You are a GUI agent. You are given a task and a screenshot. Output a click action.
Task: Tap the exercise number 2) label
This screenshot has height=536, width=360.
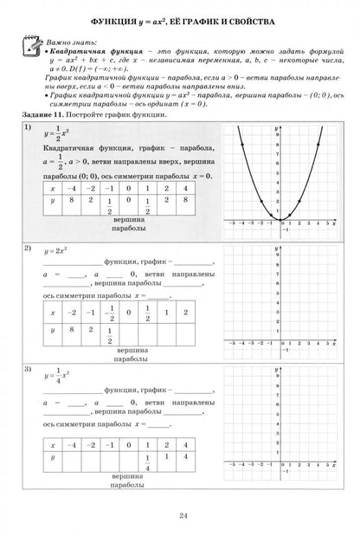point(29,249)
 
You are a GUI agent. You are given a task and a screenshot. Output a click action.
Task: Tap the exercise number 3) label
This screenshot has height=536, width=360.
point(29,371)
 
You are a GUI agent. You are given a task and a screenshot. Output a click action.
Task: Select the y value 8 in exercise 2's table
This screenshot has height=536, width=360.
point(75,329)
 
